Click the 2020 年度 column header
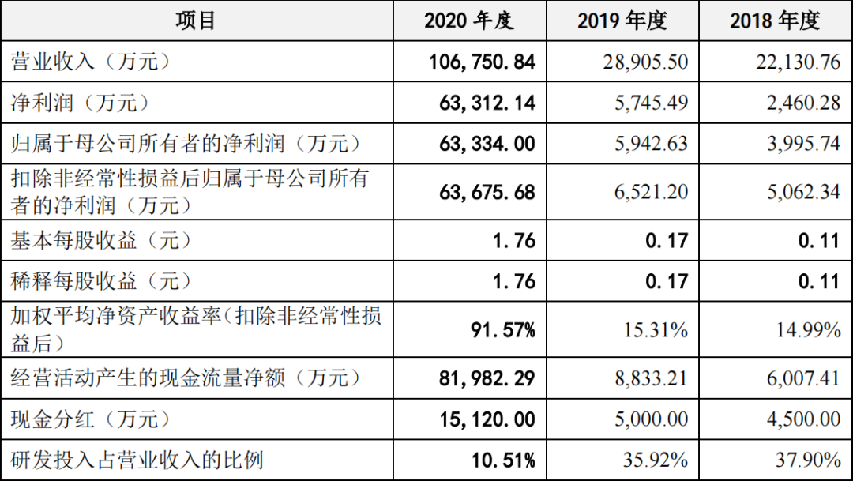[469, 21]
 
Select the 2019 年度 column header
[622, 21]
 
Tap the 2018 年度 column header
[775, 21]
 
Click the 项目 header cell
[196, 21]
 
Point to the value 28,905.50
[644, 62]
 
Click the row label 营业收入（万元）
[91, 62]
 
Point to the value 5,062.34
[802, 192]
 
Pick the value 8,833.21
[648, 378]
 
